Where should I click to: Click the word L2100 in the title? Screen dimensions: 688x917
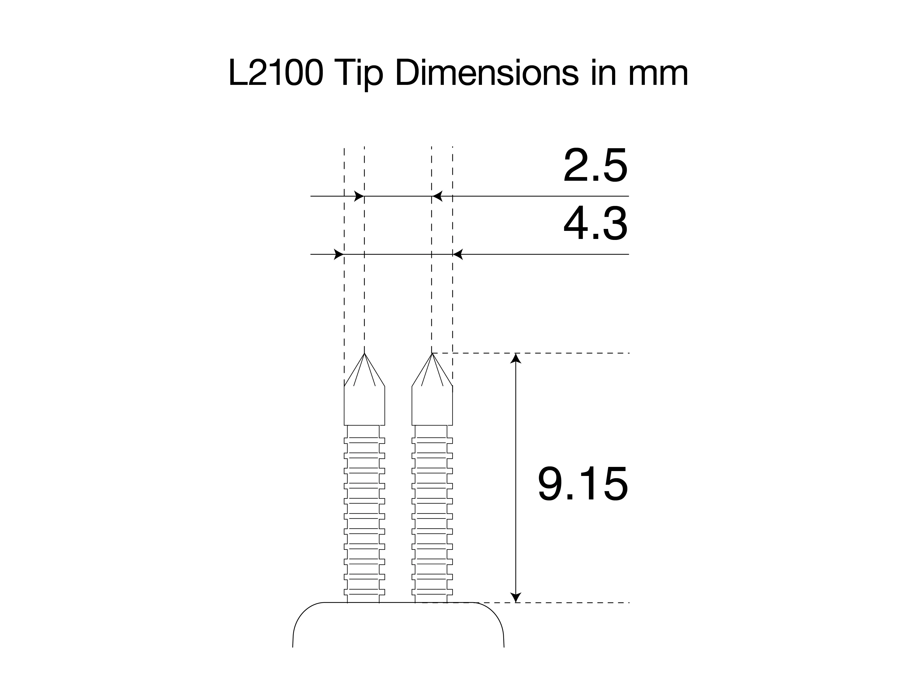[275, 73]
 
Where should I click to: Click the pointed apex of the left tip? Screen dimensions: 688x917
[364, 354]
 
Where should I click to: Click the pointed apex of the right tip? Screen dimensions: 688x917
[432, 354]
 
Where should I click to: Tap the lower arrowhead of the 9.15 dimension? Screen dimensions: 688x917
[515, 598]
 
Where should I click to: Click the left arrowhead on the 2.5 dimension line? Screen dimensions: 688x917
[359, 196]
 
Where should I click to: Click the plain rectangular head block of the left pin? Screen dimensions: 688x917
[364, 406]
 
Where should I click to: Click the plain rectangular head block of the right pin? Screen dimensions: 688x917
[432, 406]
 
